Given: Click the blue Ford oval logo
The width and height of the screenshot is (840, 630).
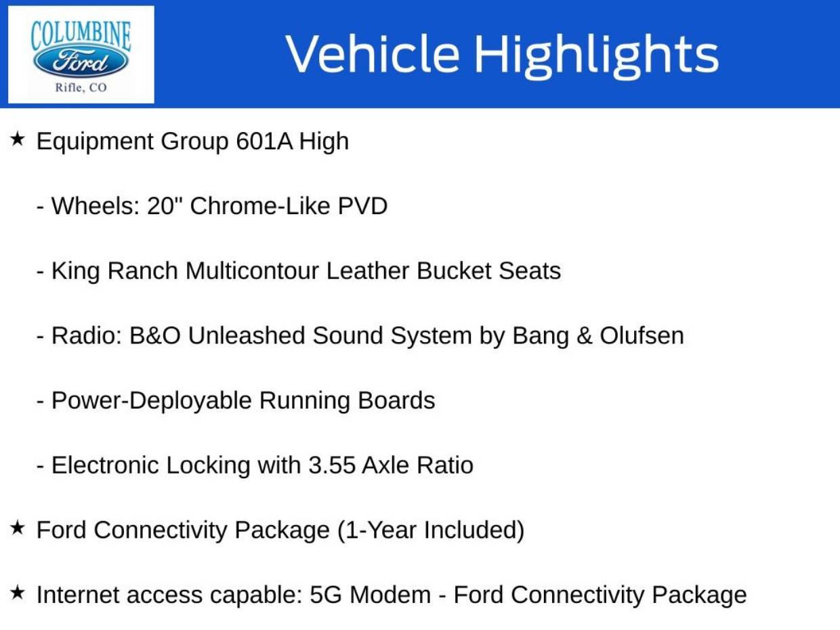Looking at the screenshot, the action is pos(81,62).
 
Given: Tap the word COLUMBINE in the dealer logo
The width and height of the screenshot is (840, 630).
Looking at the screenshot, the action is pos(81,36).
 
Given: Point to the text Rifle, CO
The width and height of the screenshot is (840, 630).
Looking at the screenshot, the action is pos(81,87).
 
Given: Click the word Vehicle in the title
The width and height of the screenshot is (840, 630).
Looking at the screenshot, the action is pos(372,53).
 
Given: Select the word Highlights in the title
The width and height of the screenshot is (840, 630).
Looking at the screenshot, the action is pos(597,56).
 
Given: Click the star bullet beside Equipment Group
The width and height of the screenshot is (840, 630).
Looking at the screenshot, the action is pos(17,139).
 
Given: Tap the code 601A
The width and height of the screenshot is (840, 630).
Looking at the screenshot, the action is pos(264,141).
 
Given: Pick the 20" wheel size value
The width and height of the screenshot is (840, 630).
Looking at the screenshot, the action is pos(164,206).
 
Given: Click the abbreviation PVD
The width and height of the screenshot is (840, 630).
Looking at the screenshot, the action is pos(362,206).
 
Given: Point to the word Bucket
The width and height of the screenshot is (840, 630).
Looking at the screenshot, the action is pos(453,271).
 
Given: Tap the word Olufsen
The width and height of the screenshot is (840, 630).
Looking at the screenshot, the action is pos(642,335).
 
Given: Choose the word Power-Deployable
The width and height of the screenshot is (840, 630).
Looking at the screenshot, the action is pos(152,401).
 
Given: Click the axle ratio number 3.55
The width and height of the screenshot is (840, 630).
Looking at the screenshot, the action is pos(332,465).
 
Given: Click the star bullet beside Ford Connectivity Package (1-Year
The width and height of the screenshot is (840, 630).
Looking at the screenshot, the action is pos(17,528).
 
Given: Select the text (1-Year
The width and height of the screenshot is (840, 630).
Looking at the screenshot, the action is pos(377,531).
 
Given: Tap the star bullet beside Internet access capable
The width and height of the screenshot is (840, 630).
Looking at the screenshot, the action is pos(17,593).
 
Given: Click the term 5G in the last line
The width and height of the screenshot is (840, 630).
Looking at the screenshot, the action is pos(325,595).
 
